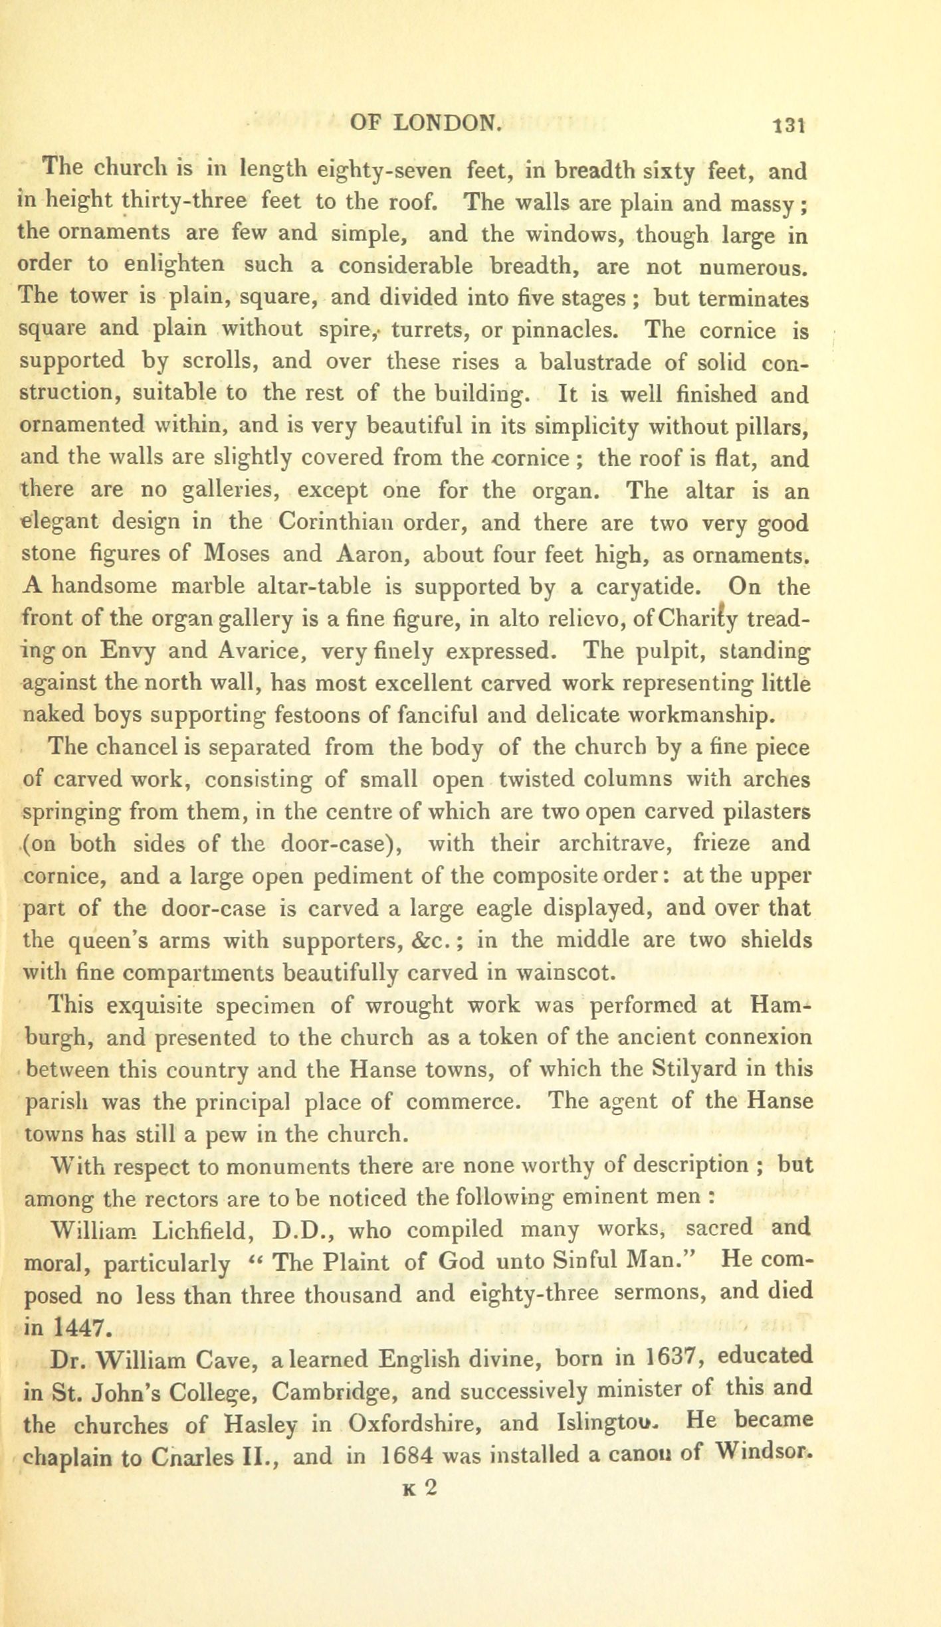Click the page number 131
(789, 125)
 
